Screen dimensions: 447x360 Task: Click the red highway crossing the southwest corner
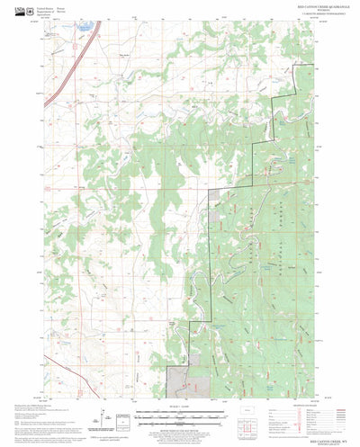tap(54, 378)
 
